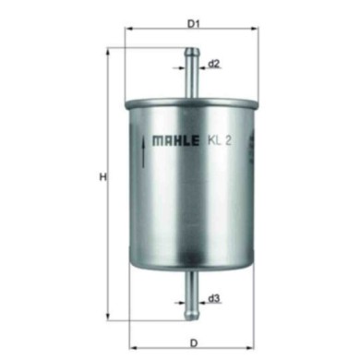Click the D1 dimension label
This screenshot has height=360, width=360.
click(x=194, y=23)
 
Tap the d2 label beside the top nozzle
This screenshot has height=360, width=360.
click(x=213, y=64)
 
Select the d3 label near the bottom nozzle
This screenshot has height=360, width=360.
click(x=213, y=298)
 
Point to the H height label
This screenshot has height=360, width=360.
click(x=102, y=177)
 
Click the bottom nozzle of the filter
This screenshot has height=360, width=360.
click(x=193, y=286)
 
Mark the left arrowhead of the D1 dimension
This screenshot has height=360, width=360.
click(x=129, y=30)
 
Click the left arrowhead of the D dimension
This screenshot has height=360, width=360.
click(x=130, y=339)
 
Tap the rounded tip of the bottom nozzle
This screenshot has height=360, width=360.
click(x=193, y=306)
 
